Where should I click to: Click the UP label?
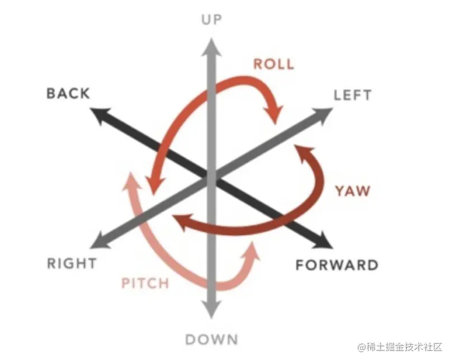[x=211, y=20]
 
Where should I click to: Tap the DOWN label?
[x=211, y=339]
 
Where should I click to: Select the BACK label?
[x=68, y=94]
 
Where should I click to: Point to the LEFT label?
[x=352, y=95]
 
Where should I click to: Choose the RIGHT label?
[x=72, y=263]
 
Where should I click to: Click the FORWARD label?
[x=337, y=265]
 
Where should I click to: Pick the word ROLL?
[x=273, y=64]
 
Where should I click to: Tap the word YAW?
[x=353, y=191]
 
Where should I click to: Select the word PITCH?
[x=145, y=283]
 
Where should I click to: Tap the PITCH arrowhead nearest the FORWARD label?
[x=252, y=251]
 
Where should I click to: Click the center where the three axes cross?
[x=211, y=178]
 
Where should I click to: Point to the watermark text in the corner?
[x=400, y=347]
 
